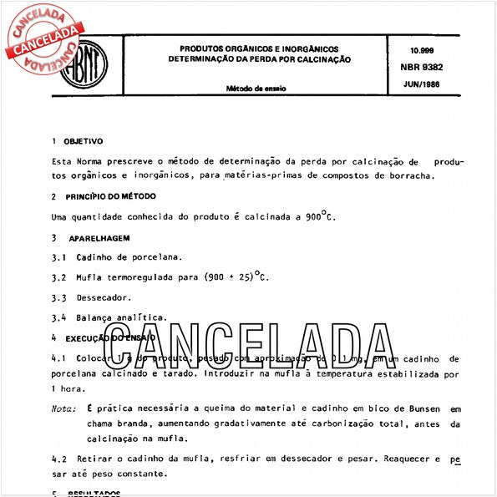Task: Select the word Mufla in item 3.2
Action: (91, 277)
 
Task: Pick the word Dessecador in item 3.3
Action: (104, 297)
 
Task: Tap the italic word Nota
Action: (63, 409)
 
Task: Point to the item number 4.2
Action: (58, 459)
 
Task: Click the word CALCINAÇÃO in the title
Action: (315, 60)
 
